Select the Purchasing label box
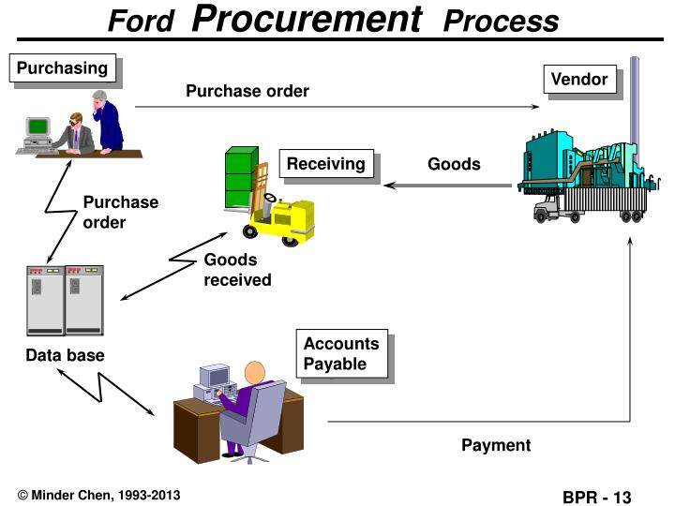coord(63,67)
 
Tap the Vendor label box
coord(578,80)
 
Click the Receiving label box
coord(325,164)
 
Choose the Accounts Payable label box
coord(341,353)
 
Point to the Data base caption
coord(65,355)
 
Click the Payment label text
coord(495,445)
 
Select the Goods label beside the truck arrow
coord(454,164)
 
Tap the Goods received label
coord(237,270)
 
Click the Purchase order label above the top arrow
coord(247,91)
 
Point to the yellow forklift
coord(277,216)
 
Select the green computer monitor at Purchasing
coord(38,126)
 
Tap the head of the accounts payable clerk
coord(256,372)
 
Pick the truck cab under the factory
coord(547,210)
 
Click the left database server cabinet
coord(45,300)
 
